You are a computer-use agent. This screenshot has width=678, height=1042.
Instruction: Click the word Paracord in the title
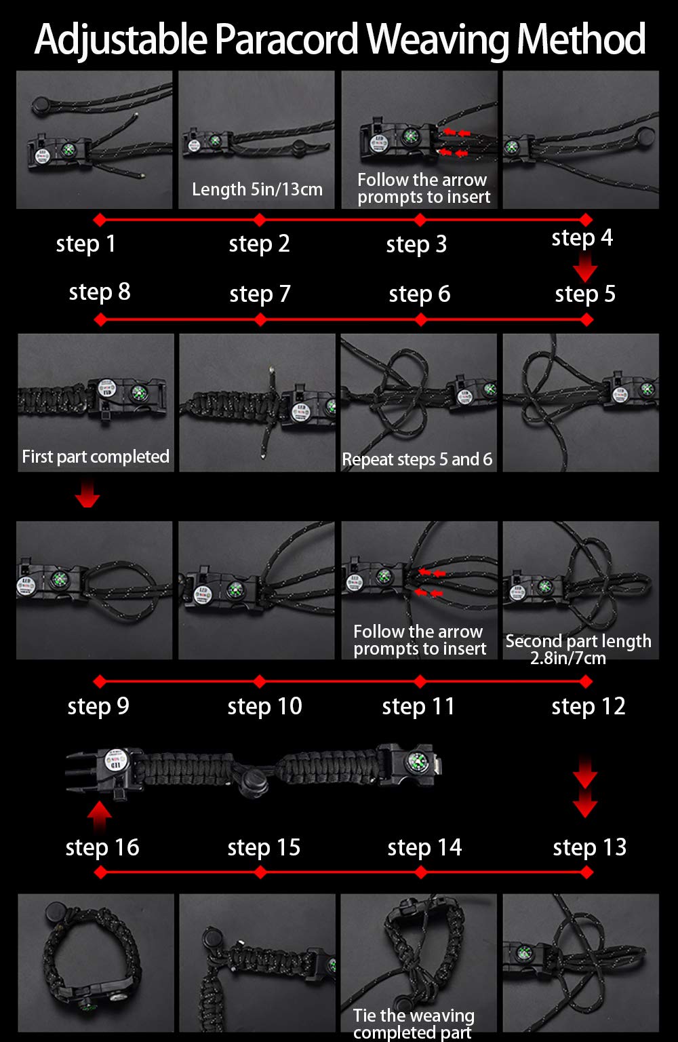286,39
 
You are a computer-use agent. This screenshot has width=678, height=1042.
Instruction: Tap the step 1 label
85,244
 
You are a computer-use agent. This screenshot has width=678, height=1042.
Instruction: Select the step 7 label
260,294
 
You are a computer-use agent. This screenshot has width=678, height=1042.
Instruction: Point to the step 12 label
589,707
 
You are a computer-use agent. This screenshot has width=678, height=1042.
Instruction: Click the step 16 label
102,847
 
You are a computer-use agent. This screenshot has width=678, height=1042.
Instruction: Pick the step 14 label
424,847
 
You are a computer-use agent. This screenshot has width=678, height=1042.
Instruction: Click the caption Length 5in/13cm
257,189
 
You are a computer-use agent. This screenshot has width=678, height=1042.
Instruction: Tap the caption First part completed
96,457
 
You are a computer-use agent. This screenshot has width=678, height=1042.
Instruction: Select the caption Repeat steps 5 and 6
417,459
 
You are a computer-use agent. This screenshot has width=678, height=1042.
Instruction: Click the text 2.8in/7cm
568,658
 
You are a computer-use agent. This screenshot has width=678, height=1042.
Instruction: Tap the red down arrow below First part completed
87,494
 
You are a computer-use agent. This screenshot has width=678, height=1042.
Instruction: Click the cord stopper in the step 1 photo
44,105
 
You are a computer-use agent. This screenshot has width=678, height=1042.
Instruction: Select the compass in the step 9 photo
58,579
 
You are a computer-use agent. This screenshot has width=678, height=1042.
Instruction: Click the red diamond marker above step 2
260,220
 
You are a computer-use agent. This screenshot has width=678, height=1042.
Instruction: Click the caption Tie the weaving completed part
414,1024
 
